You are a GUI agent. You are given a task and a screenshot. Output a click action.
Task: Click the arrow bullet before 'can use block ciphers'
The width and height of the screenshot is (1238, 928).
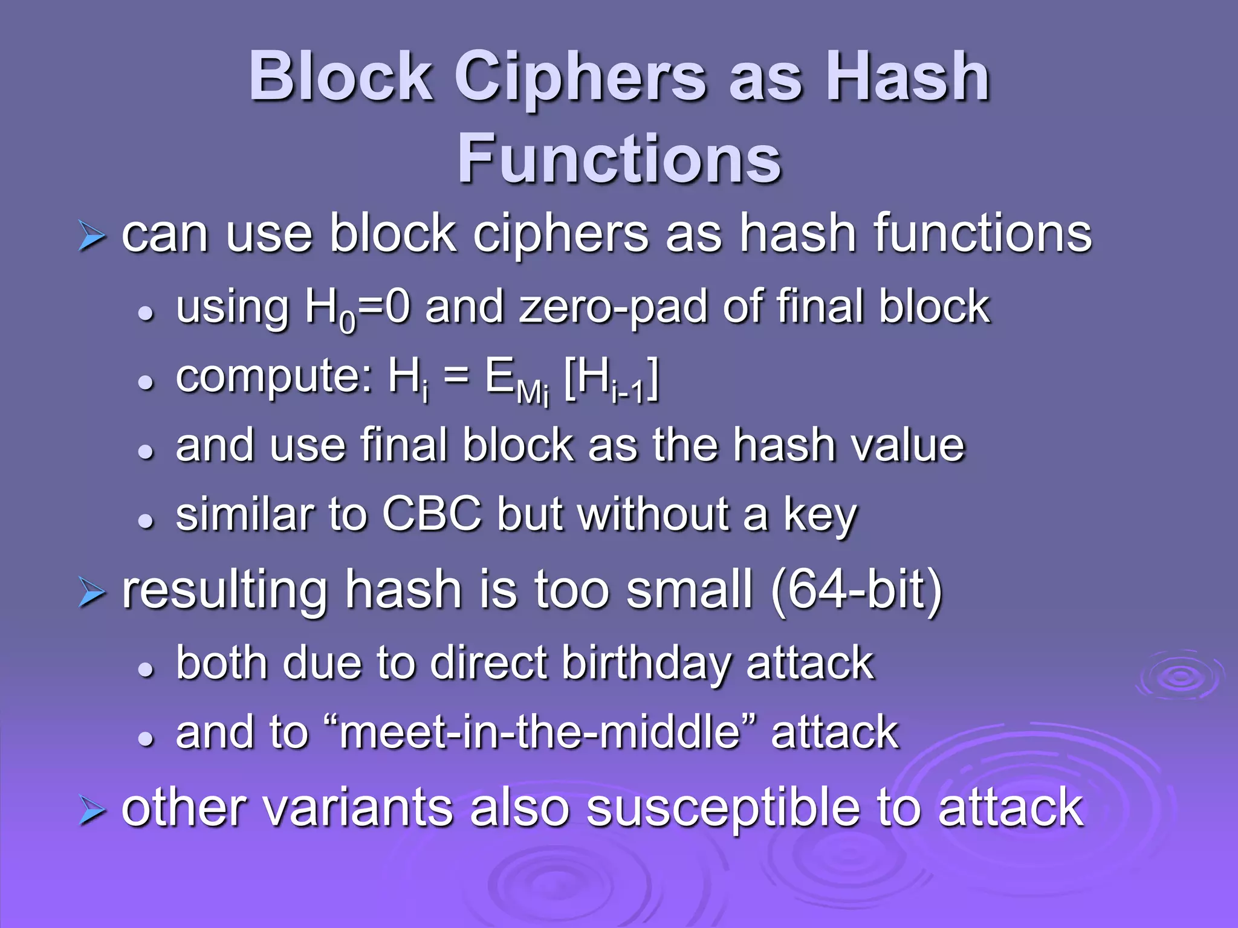[x=92, y=236]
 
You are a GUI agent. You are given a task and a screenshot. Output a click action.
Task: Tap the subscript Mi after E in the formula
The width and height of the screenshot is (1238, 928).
[x=533, y=394]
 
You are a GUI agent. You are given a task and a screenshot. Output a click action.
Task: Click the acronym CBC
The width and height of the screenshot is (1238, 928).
[x=432, y=515]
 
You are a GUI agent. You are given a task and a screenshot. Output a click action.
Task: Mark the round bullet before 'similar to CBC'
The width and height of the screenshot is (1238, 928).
[x=146, y=520]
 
